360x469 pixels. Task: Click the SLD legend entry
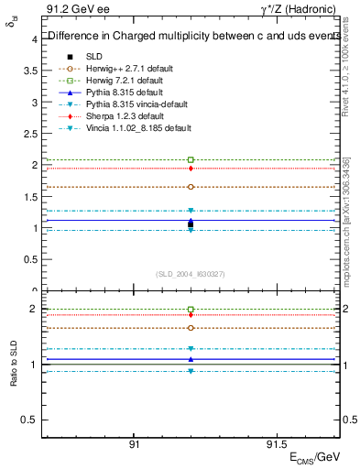[93, 56]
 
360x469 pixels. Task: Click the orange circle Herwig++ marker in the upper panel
[191, 186]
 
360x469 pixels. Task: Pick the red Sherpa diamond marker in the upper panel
[191, 169]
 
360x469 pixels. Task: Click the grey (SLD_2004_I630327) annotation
[191, 273]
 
